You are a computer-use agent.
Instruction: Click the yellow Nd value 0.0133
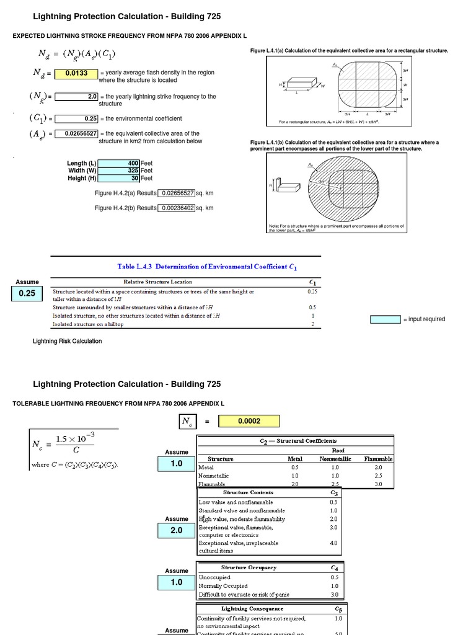(76, 74)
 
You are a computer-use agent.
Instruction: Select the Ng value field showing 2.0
(76, 97)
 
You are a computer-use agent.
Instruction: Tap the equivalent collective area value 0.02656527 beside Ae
(76, 133)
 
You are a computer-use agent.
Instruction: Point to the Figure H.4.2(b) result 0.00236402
(177, 208)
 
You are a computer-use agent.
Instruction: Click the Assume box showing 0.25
(27, 294)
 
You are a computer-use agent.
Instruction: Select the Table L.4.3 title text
(208, 267)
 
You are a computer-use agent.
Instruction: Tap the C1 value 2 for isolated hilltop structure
(312, 324)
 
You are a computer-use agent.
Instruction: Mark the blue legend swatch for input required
(385, 319)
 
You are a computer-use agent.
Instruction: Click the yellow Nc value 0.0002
(249, 422)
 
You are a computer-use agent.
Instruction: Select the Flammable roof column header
(377, 459)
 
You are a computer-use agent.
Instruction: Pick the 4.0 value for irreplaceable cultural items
(333, 543)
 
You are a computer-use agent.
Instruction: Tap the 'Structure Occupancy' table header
(249, 567)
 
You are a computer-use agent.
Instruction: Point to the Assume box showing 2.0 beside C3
(177, 531)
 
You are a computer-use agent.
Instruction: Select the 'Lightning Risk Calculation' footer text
(67, 341)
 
